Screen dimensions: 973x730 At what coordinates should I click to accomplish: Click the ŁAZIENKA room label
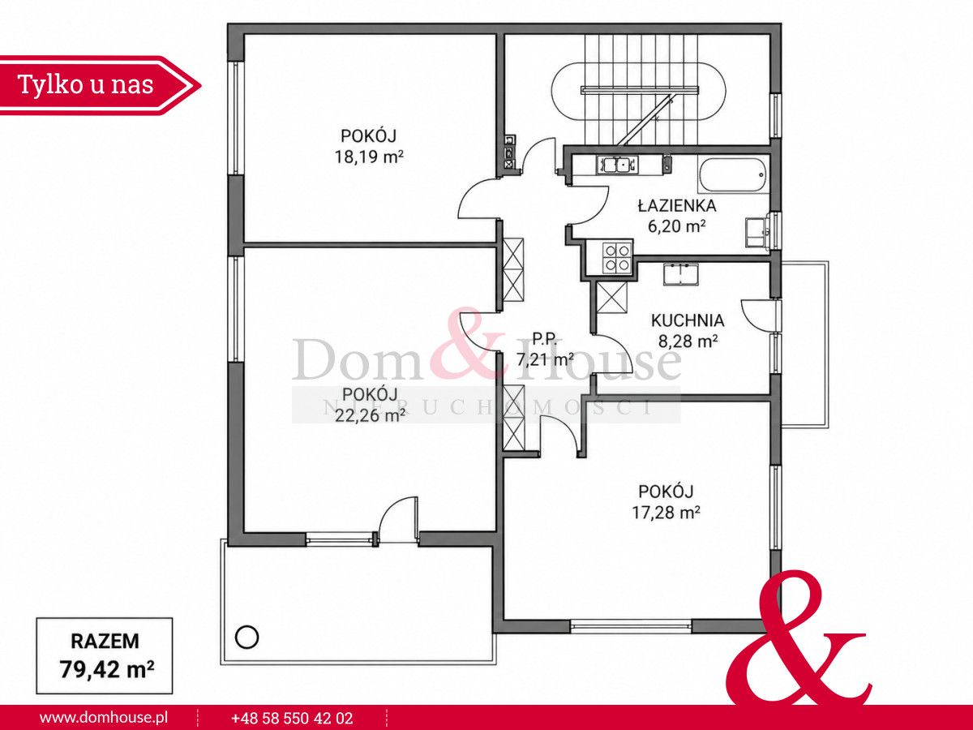click(677, 206)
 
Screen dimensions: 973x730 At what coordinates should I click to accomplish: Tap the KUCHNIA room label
click(688, 320)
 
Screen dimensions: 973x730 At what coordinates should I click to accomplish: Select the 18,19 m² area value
click(369, 157)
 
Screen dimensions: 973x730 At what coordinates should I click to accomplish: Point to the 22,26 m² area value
click(370, 415)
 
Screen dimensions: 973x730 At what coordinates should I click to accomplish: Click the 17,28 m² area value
click(666, 513)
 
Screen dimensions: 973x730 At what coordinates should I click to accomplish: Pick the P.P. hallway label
click(544, 339)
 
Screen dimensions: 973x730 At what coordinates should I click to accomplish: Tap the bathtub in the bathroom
click(733, 175)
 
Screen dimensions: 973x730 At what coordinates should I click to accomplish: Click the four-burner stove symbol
click(617, 258)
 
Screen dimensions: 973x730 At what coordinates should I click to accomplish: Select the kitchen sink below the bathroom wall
click(681, 274)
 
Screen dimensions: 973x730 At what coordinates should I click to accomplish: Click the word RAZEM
click(105, 642)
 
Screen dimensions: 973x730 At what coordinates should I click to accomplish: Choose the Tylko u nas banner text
click(86, 84)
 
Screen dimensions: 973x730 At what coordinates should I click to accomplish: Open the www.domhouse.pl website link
click(104, 718)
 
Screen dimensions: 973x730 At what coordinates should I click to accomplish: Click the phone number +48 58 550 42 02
click(292, 718)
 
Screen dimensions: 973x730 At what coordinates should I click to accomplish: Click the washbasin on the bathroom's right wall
click(757, 233)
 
